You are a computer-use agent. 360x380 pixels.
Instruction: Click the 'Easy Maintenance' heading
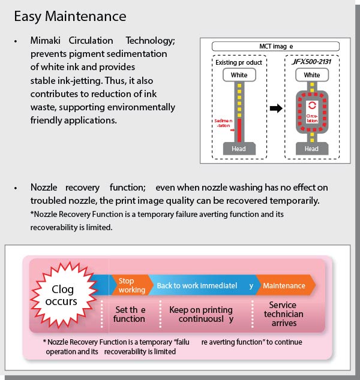[70, 16]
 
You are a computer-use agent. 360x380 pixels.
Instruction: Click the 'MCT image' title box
[275, 46]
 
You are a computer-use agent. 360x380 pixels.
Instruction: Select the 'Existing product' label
[239, 62]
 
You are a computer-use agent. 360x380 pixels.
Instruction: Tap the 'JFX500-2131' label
[311, 62]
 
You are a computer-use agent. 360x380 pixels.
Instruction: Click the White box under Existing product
[239, 76]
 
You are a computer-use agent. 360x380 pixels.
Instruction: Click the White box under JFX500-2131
[311, 76]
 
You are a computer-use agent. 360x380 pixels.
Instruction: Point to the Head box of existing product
[239, 149]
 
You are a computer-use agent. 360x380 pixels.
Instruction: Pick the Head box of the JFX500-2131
[311, 149]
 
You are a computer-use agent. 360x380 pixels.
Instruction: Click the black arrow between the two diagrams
[275, 108]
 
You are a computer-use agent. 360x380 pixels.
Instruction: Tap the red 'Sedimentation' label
[223, 123]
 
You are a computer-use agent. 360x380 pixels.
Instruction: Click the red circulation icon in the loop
[311, 105]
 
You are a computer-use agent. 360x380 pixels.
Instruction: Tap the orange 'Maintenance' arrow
[284, 285]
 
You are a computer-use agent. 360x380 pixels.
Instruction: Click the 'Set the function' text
[129, 314]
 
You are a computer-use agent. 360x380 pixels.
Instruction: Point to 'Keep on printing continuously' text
[201, 314]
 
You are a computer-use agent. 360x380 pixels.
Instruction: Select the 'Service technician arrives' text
[284, 314]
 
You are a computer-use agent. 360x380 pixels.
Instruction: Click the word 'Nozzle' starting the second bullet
[46, 188]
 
